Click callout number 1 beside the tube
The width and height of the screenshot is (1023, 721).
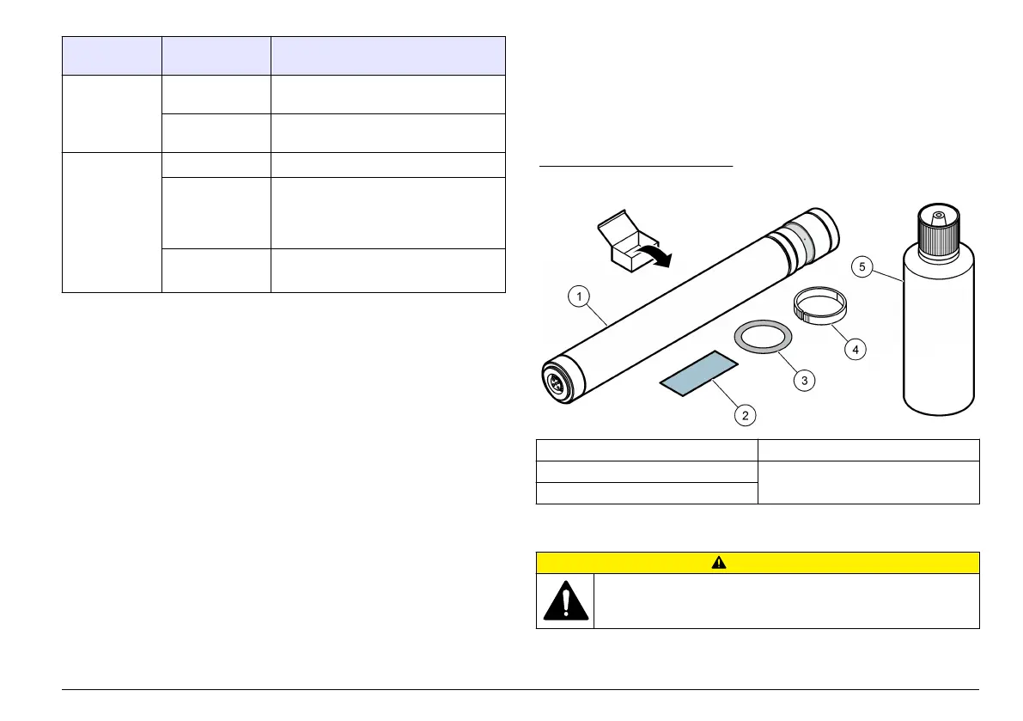pyautogui.click(x=581, y=297)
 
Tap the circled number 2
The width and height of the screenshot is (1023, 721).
pyautogui.click(x=745, y=415)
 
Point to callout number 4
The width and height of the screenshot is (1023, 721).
pyautogui.click(x=854, y=349)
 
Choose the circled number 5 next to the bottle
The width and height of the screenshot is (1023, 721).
pyautogui.click(x=863, y=266)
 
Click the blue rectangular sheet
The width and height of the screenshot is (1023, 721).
pyautogui.click(x=699, y=374)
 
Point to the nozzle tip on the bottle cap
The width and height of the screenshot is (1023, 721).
pyautogui.click(x=938, y=212)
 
